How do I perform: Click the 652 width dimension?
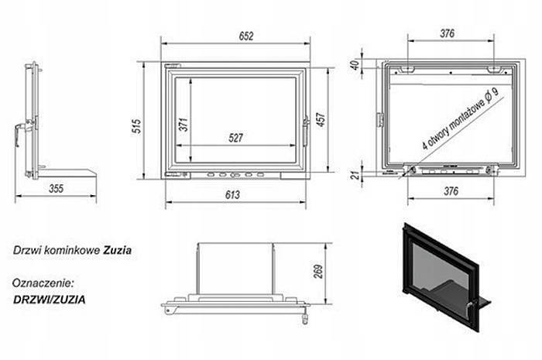tap(246, 36)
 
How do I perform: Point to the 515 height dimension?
tap(137, 126)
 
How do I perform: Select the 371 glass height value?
tap(184, 125)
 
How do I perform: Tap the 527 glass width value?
tap(235, 138)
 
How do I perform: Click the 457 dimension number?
tap(321, 119)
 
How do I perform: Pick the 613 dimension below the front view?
tap(232, 195)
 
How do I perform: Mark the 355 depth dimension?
tap(56, 189)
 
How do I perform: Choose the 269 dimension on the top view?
tap(318, 272)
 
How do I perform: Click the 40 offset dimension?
tap(355, 65)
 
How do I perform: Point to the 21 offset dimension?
tap(355, 175)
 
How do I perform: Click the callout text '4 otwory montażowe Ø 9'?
tap(461, 118)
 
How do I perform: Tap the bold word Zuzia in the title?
tap(117, 250)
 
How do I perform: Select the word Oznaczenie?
tap(43, 283)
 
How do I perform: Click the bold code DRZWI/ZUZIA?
tap(49, 300)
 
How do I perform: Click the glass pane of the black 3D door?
tap(439, 273)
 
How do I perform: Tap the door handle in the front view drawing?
tap(306, 132)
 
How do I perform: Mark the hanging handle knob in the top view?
tap(305, 319)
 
